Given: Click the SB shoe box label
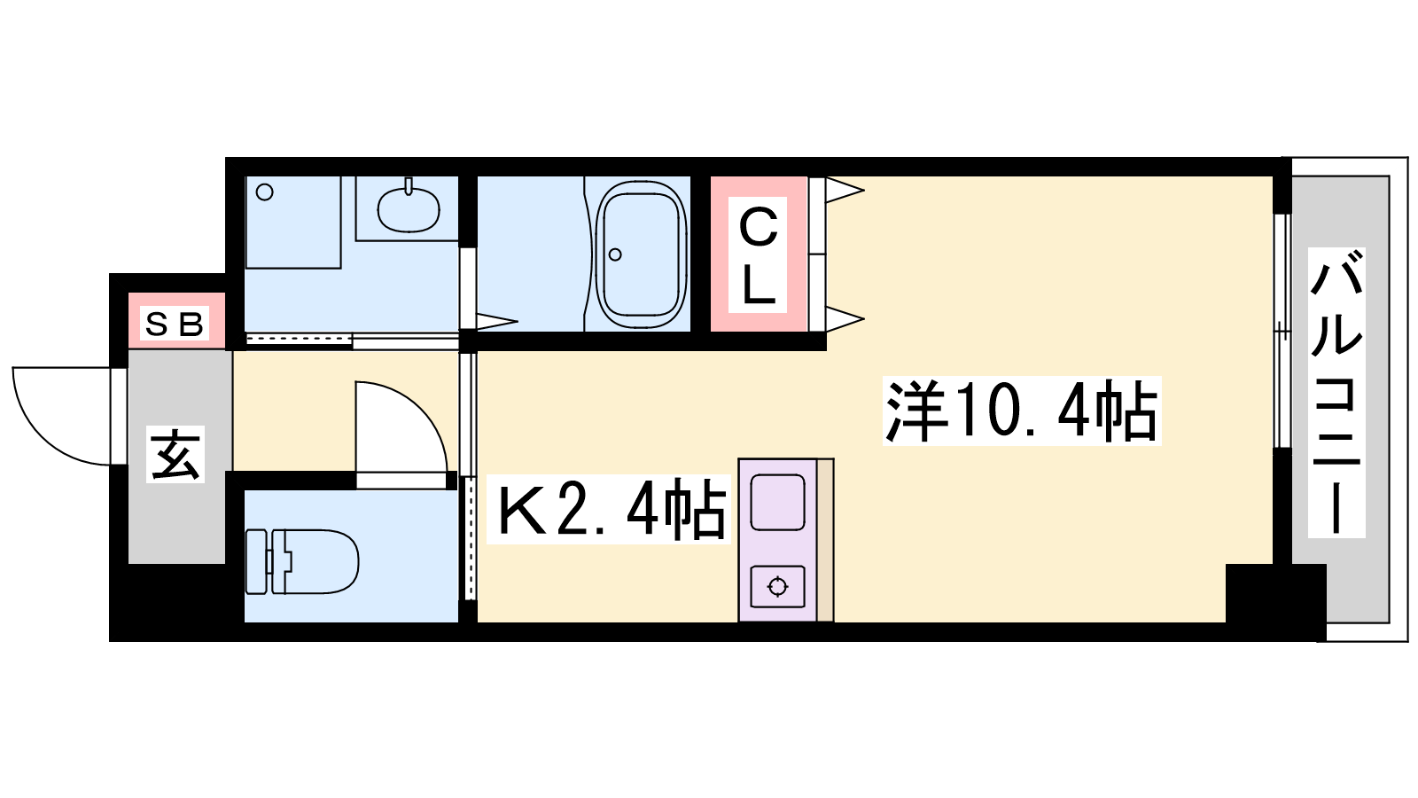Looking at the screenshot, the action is point(175,325).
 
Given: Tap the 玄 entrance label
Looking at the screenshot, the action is point(175,454).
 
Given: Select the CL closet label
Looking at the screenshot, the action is point(757,255).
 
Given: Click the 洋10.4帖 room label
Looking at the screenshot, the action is point(1021,411).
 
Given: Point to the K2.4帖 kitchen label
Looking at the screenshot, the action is point(608,509).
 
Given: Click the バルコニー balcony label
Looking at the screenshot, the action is point(1336,393).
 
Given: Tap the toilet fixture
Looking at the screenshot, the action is point(302,562).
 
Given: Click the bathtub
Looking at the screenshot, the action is point(642,254).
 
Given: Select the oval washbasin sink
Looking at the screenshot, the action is point(409,208).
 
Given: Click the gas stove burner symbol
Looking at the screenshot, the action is point(777,587).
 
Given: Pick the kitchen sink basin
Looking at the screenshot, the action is point(777,502).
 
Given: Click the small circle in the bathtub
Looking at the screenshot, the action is point(615,254).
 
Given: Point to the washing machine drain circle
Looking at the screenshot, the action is point(265,192).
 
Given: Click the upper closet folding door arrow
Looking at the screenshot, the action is point(845,190).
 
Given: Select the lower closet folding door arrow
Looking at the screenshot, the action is point(845,319).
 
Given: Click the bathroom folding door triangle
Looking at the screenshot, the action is point(497,321).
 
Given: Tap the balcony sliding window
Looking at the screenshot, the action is point(1282,331).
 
